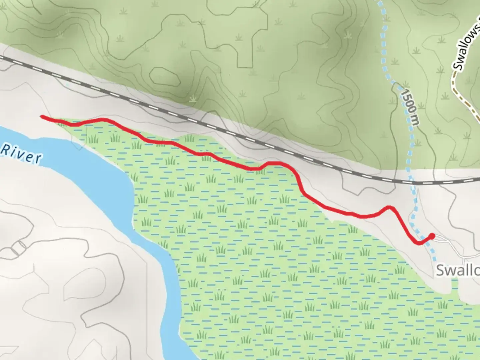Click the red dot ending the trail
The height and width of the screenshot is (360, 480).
tap(432, 236)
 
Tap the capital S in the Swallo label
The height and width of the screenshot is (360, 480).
tap(441, 270)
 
